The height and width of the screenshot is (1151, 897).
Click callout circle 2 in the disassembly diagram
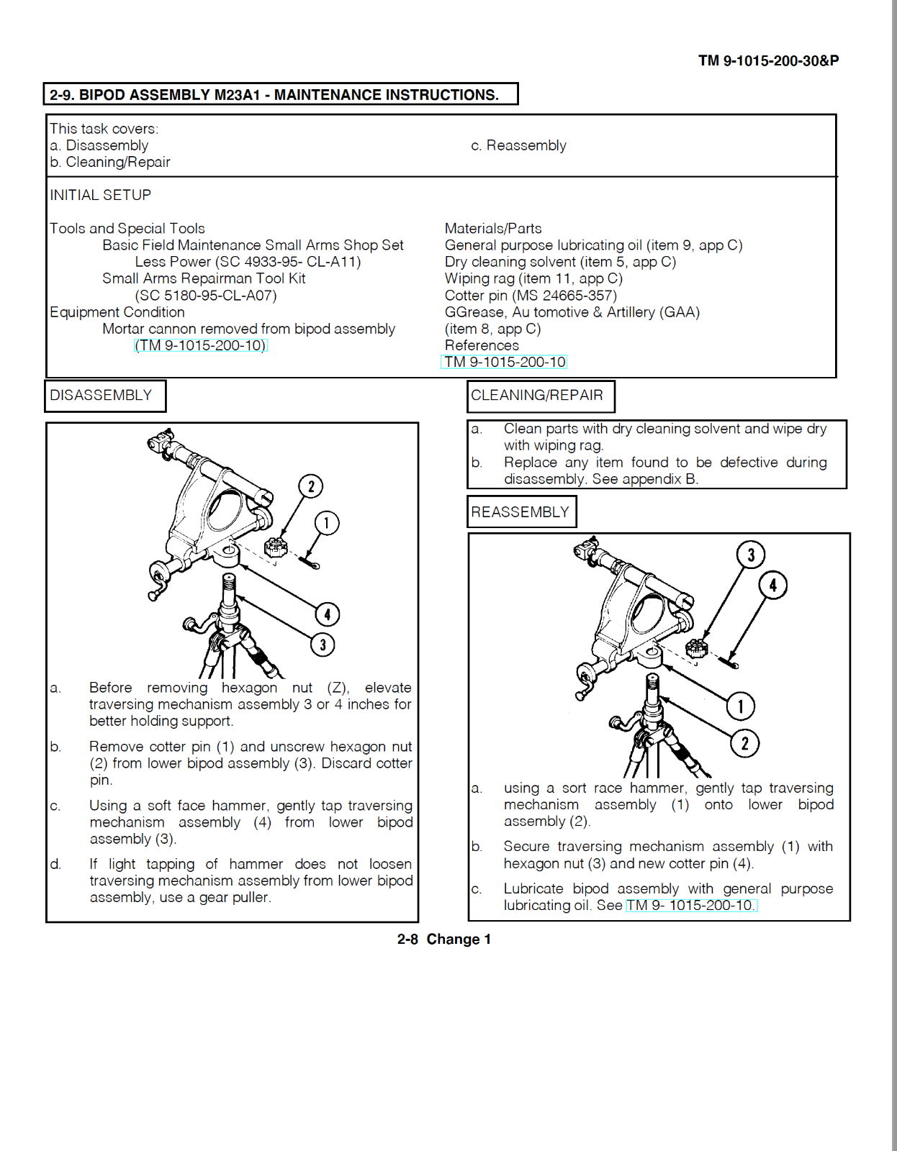click(x=311, y=486)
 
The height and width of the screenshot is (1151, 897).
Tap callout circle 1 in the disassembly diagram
click(x=327, y=523)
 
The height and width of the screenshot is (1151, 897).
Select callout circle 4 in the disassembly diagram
click(x=328, y=614)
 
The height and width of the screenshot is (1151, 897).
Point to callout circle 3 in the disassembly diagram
click(x=323, y=645)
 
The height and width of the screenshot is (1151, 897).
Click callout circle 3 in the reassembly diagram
click(x=751, y=555)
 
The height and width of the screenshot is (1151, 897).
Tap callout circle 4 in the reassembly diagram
click(x=773, y=585)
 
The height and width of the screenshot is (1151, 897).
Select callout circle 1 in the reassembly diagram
click(x=740, y=706)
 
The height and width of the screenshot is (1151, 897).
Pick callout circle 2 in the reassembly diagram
click(x=745, y=743)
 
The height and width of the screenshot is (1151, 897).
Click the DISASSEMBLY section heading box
click(x=105, y=396)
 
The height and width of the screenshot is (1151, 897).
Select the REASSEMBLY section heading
click(x=521, y=512)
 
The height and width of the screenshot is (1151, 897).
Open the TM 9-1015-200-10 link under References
click(x=504, y=362)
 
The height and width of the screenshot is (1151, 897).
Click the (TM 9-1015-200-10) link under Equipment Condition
click(x=201, y=345)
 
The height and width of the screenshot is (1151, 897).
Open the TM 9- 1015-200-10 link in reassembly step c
click(x=691, y=905)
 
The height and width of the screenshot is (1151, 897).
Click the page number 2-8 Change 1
click(x=443, y=939)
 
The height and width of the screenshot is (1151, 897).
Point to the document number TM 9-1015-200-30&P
click(x=768, y=60)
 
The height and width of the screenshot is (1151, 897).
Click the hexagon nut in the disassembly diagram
click(x=276, y=548)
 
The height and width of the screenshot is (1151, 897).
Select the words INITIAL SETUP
click(x=101, y=195)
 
